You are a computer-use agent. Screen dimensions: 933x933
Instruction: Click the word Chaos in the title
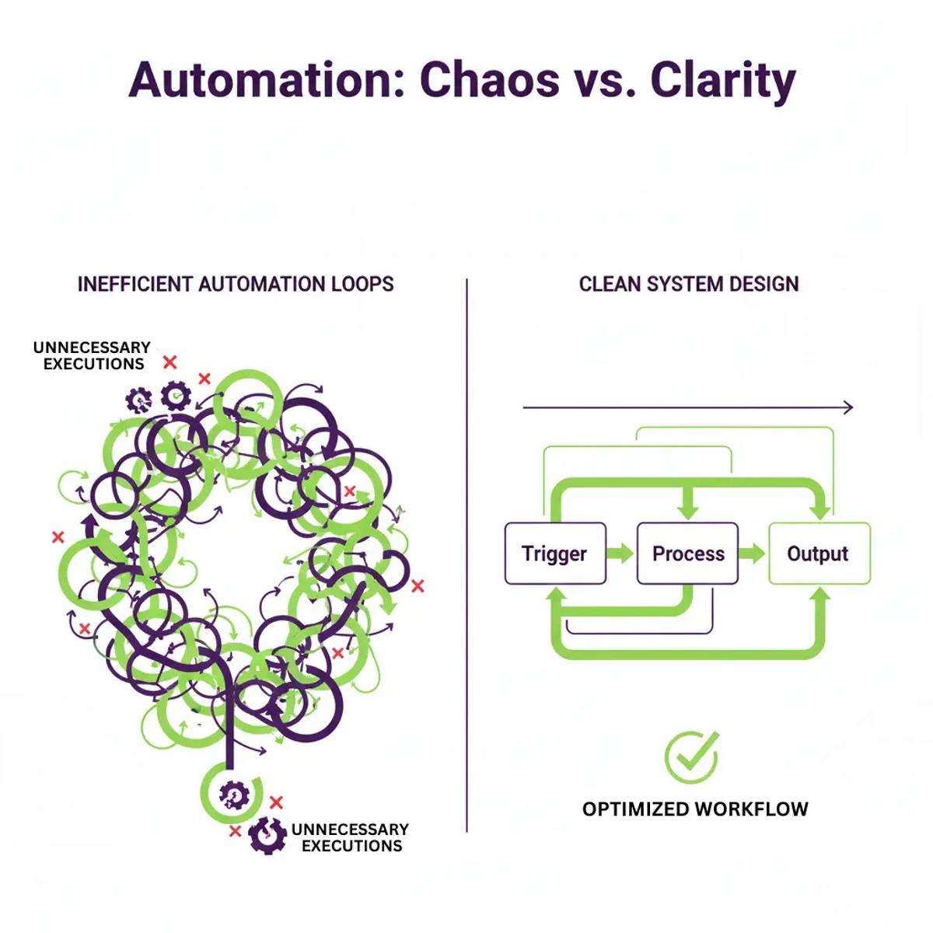point(490,80)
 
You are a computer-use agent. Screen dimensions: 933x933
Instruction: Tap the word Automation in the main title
point(267,80)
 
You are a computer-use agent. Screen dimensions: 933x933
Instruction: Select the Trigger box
point(555,554)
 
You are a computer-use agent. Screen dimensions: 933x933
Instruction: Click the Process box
point(687,554)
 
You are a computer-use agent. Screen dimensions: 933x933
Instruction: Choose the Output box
point(819,554)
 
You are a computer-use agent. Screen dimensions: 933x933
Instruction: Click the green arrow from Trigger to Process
point(620,553)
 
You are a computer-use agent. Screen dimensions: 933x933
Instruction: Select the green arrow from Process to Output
point(753,553)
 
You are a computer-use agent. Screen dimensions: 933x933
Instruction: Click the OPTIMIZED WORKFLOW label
point(695,809)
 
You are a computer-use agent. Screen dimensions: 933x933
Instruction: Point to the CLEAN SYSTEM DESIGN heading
point(689,285)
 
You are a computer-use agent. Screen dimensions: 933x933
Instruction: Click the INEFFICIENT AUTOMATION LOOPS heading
point(236,285)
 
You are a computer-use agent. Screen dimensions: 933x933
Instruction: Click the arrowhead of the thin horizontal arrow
point(847,407)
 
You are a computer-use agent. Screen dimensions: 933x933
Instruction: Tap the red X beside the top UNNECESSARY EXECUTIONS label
point(170,362)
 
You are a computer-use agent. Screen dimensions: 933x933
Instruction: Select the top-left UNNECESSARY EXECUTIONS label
point(93,355)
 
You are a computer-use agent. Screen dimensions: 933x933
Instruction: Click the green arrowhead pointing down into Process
point(688,512)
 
